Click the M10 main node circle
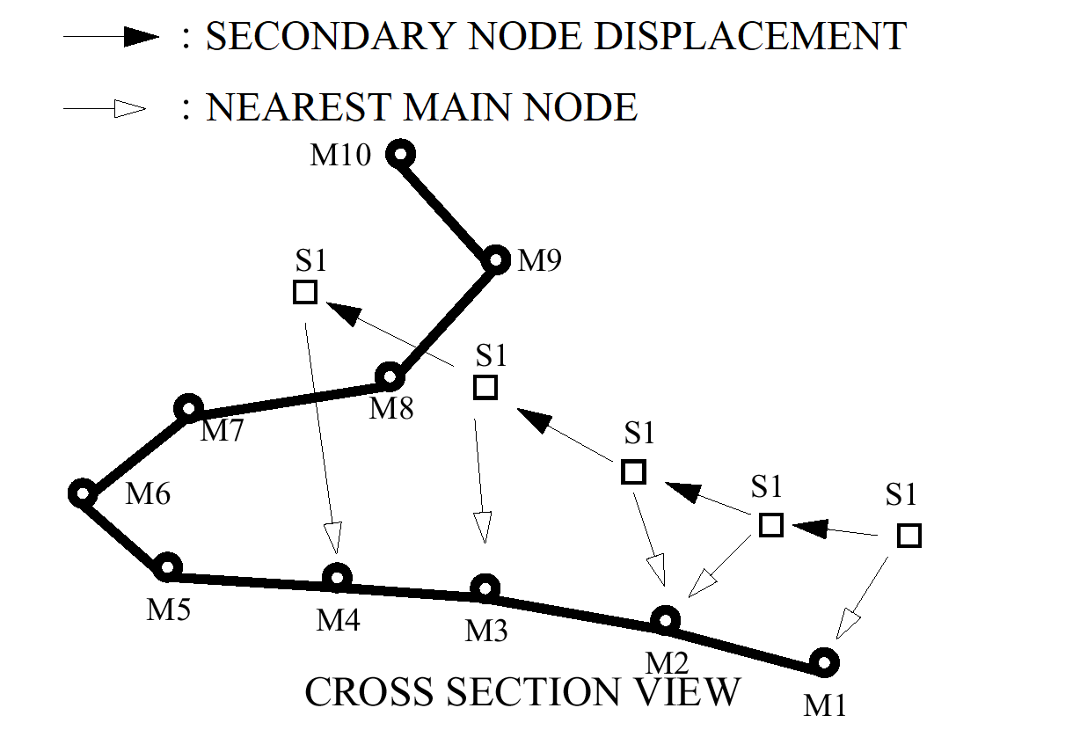[401, 155]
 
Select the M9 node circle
[496, 260]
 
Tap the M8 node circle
[390, 378]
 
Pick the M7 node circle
[188, 408]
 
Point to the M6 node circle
[82, 494]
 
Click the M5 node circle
[167, 567]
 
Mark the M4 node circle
[337, 578]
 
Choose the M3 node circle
[485, 588]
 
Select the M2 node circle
[666, 620]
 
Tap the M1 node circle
[823, 661]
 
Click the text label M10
[341, 157]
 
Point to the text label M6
[148, 494]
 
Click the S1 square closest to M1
[909, 536]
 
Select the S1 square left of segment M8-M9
[304, 292]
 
